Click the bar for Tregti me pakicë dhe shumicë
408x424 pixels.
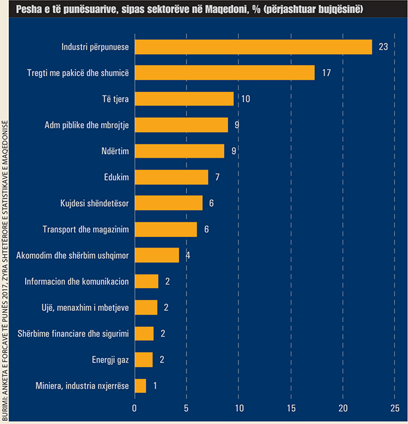click(225, 73)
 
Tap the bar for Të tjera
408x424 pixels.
click(185, 99)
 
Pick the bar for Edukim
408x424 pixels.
click(171, 177)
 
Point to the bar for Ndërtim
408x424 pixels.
click(180, 151)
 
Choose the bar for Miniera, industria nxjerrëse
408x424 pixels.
click(141, 386)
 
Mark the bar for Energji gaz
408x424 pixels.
click(144, 359)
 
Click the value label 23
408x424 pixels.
click(384, 47)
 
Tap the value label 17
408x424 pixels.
click(326, 73)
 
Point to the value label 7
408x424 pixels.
click(217, 177)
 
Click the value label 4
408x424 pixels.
click(188, 256)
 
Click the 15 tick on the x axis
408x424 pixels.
click(291, 408)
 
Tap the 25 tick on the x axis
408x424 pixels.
click(394, 408)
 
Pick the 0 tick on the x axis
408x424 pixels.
click(134, 408)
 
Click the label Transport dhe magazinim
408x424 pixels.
click(86, 229)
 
